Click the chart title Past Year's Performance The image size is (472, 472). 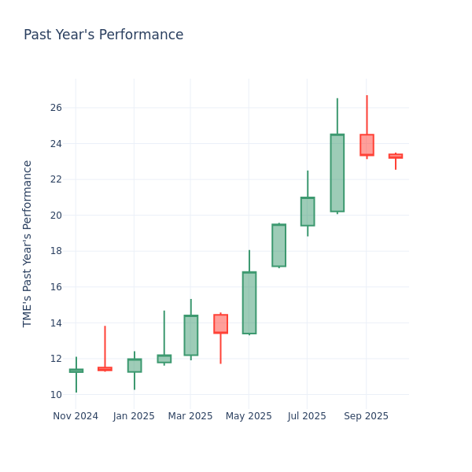pos(103,35)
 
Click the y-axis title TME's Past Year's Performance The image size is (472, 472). pos(28,243)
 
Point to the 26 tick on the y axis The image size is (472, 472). pos(56,108)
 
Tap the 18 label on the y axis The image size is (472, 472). pos(56,251)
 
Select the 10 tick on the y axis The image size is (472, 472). pos(56,395)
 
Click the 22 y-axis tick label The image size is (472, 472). pos(56,179)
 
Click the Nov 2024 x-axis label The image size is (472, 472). pos(76,416)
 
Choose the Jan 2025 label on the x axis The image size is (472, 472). pos(134,416)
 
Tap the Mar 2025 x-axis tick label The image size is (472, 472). pos(190,416)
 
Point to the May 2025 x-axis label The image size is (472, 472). pos(249,416)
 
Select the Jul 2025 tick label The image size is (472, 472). pos(307,416)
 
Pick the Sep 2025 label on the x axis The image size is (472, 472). pos(366,416)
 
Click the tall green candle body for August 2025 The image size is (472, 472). pos(337,173)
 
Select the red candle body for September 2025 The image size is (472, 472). pos(367,145)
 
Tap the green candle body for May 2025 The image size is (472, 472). pos(249,303)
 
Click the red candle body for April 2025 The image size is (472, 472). pos(220,324)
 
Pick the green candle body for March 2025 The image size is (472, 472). pos(190,335)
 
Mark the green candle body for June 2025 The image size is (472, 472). pos(278,245)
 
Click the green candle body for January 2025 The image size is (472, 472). pos(134,366)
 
